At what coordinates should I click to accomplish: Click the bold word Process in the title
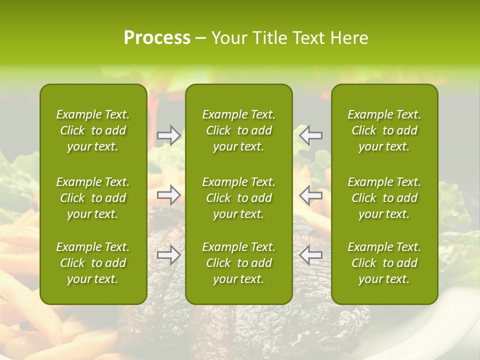[x=157, y=38]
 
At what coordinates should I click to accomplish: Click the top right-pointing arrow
[x=169, y=135]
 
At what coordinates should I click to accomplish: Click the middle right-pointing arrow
[x=169, y=195]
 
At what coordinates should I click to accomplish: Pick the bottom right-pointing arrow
[x=169, y=255]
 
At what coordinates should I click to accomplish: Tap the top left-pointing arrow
[x=310, y=135]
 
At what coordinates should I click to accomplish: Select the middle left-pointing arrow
[x=310, y=195]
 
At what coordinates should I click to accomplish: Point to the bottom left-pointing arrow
[x=310, y=255]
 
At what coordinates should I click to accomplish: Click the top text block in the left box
[x=93, y=130]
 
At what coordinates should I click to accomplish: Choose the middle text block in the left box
[x=93, y=198]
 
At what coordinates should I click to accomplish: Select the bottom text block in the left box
[x=93, y=263]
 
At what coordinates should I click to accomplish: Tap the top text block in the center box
[x=238, y=130]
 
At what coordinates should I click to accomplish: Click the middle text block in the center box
[x=238, y=198]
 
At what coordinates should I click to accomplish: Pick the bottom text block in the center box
[x=238, y=263]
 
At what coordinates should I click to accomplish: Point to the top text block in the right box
[x=384, y=130]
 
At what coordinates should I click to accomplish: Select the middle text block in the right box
[x=384, y=198]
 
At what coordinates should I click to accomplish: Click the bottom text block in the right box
[x=384, y=263]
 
